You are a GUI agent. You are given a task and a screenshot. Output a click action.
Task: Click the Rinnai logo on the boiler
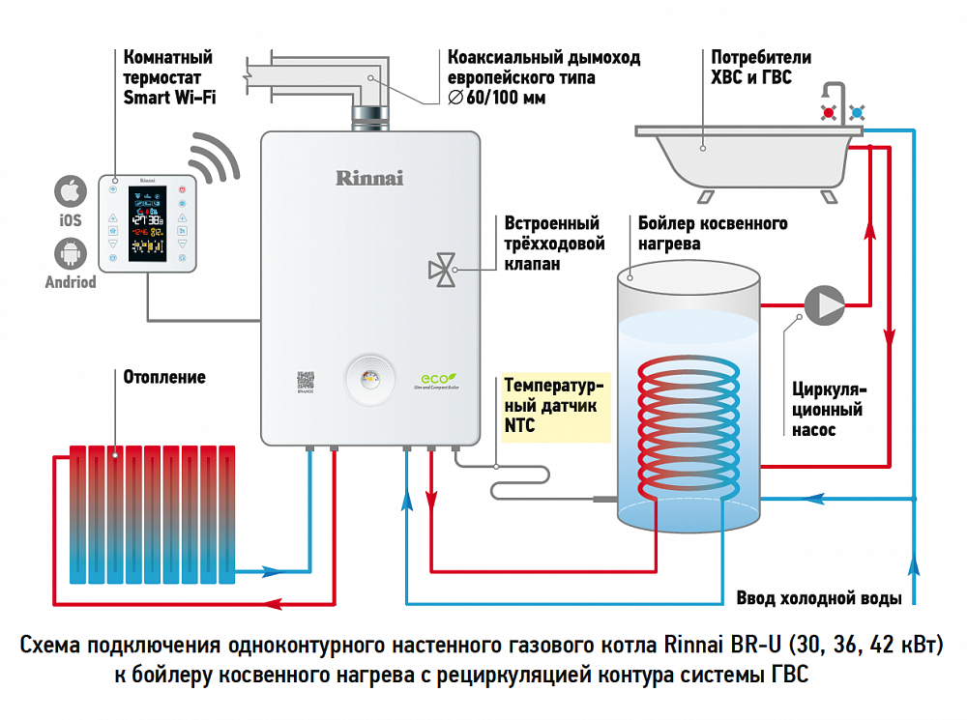pyautogui.click(x=369, y=178)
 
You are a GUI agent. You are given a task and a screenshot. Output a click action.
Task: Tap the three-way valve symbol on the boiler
pyautogui.click(x=443, y=270)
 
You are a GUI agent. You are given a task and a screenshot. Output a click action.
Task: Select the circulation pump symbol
pyautogui.click(x=824, y=304)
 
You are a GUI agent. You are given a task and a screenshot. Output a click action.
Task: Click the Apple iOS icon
pyautogui.click(x=69, y=191)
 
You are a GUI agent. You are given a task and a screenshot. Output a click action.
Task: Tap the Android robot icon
pyautogui.click(x=70, y=254)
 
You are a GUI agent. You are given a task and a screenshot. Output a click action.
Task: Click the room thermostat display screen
pyautogui.click(x=147, y=224)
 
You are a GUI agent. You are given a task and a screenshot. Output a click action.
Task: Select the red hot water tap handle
pyautogui.click(x=829, y=113)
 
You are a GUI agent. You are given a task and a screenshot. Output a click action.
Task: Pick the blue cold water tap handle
pyautogui.click(x=857, y=113)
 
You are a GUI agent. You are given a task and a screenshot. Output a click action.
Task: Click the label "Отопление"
pyautogui.click(x=164, y=377)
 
